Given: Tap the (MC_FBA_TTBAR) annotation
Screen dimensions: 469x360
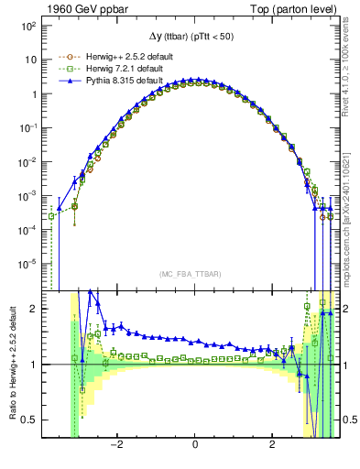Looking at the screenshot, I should point(194,275).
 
